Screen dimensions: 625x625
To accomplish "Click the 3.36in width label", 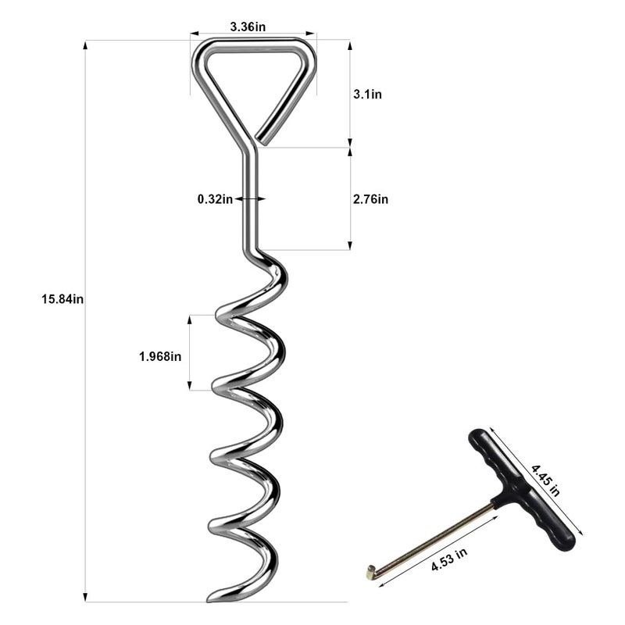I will click(248, 26).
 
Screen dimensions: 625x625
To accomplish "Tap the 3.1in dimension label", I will click(367, 94).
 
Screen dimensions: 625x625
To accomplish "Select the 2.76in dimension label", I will click(370, 199).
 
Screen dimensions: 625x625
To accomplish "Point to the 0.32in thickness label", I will click(215, 199).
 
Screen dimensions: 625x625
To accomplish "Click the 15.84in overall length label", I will click(62, 298).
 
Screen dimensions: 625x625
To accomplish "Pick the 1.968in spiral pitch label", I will click(160, 356).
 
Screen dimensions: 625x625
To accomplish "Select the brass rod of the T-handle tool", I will click(437, 539).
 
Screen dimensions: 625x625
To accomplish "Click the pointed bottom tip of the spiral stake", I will click(212, 599).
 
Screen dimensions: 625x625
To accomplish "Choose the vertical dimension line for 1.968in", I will click(189, 352).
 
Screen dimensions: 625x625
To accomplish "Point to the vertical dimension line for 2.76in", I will click(349, 199).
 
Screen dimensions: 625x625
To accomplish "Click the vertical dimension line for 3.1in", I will click(349, 94).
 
